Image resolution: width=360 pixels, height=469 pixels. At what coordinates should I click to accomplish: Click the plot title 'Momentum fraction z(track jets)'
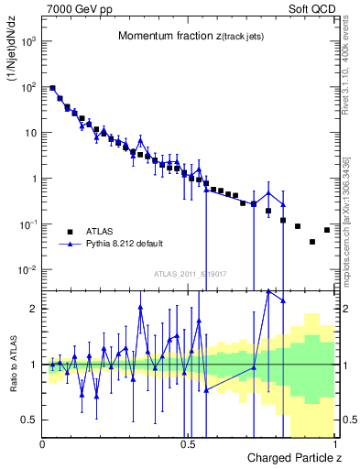pos(191,36)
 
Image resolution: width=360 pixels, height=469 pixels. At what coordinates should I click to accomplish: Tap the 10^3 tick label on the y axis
pos(28,41)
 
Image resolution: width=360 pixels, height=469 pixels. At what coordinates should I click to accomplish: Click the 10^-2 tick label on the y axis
pos(28,270)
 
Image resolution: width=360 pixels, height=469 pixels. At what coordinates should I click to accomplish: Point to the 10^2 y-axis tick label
pos(28,87)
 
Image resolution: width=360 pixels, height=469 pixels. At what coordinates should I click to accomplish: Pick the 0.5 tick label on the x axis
pos(188,444)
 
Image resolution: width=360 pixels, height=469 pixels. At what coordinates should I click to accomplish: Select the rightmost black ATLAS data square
pos(327,230)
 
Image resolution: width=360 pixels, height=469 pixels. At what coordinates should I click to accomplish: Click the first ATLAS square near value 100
pos(52,88)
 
